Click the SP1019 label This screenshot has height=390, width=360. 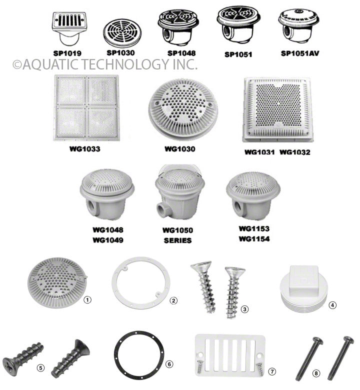[x=67, y=53]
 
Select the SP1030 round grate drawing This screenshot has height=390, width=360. [x=122, y=32]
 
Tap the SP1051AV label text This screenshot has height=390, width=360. [x=300, y=53]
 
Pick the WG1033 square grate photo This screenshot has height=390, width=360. [x=86, y=108]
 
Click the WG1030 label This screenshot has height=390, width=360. [x=180, y=149]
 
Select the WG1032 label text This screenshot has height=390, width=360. [x=295, y=152]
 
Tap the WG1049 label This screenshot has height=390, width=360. [x=108, y=240]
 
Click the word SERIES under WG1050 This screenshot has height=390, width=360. [x=177, y=240]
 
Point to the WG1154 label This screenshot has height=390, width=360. [x=254, y=239]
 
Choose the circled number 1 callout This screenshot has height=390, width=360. [x=87, y=300]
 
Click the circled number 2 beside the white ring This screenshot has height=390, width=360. [x=173, y=300]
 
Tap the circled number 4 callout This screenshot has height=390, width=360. [x=332, y=305]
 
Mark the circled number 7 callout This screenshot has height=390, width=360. [x=272, y=371]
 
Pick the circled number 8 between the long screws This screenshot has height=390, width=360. [x=316, y=373]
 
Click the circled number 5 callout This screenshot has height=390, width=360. [x=40, y=368]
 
